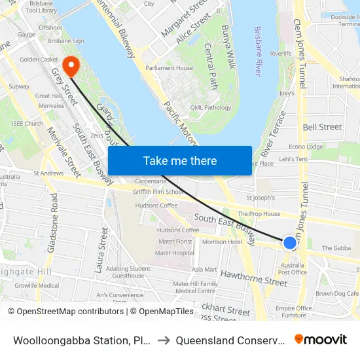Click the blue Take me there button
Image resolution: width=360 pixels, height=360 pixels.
180,161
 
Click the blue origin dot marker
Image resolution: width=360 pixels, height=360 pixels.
289,243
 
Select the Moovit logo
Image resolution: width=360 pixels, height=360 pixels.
321,339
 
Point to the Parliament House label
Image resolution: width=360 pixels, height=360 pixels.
169,68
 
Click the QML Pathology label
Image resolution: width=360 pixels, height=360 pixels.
211,108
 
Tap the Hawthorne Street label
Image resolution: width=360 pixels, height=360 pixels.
253,279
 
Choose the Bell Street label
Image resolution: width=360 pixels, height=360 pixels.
322,127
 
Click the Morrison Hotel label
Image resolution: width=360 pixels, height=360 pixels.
222,242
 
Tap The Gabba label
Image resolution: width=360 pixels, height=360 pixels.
337,248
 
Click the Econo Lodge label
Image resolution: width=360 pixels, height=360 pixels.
306,147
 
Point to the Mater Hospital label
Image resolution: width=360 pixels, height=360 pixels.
174,253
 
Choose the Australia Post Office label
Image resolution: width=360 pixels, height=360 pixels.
293,268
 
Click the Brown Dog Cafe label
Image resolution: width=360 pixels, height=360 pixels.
336,294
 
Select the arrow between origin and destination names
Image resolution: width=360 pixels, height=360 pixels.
165,340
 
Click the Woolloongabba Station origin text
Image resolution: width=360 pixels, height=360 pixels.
82,340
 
